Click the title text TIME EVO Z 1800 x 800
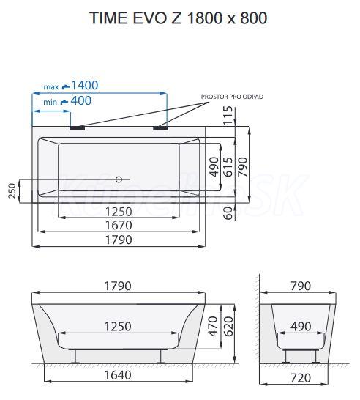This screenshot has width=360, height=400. coord(178,18)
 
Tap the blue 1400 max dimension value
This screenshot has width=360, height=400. coord(85,85)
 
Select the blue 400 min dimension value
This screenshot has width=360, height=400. coord(80,100)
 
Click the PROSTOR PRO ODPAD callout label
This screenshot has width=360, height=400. coord(232,97)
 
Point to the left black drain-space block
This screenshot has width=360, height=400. coord(78,127)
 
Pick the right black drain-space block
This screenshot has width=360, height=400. coord(160,127)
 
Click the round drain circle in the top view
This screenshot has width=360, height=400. coord(119,179)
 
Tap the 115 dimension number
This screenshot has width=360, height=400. coord(228,115)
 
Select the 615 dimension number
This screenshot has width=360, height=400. coord(228,167)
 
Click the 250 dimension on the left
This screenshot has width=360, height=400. coord(12,190)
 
